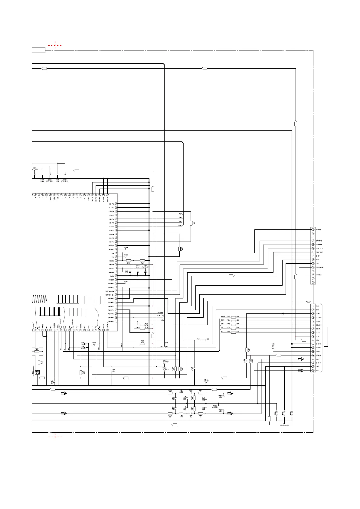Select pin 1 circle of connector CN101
[x=313, y=306]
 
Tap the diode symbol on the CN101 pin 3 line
[x=283, y=313]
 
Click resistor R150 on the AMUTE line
[x=233, y=317]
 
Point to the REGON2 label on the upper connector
[x=319, y=229]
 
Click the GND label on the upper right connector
[x=317, y=264]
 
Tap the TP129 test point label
[x=126, y=248]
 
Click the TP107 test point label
[x=165, y=361]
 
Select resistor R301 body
[x=170, y=394]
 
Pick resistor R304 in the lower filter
[x=200, y=413]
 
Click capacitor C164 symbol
[x=194, y=368]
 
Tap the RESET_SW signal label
[x=160, y=316]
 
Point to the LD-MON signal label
[x=160, y=312]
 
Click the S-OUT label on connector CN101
[x=318, y=352]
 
